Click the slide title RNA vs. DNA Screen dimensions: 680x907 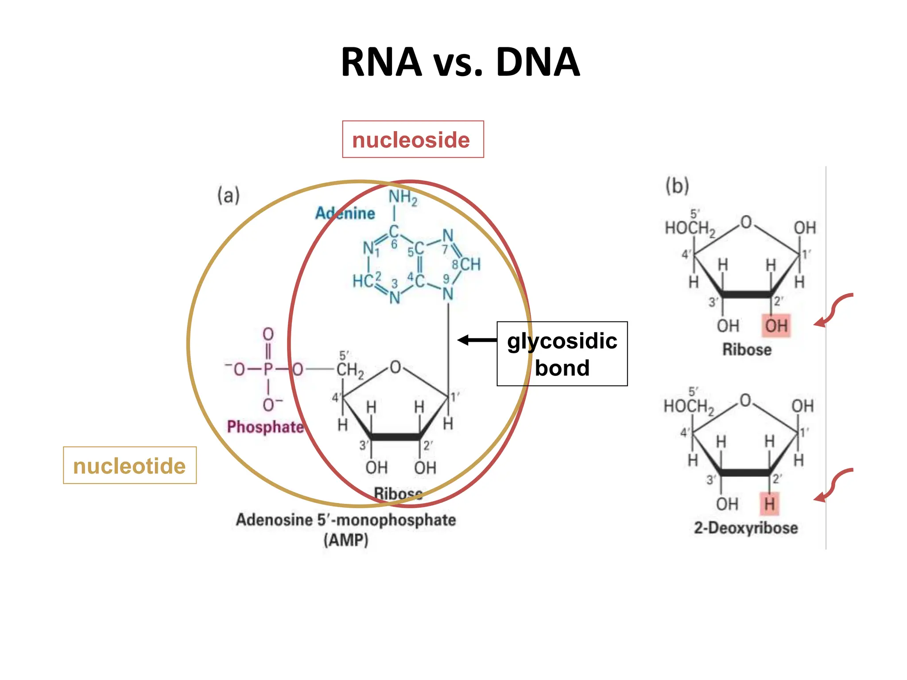click(460, 62)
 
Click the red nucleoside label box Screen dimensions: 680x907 click(413, 139)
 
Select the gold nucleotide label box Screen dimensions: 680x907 click(129, 466)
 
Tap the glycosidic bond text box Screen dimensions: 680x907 click(562, 354)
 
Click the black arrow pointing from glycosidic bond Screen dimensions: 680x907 click(477, 340)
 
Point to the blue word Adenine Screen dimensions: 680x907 click(345, 213)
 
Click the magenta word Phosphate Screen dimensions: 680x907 click(265, 427)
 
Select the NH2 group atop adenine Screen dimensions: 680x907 click(403, 197)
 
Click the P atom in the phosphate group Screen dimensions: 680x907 click(268, 369)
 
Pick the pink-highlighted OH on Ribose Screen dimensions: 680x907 click(776, 326)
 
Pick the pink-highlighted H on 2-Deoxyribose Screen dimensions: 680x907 click(769, 504)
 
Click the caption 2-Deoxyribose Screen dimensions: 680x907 click(746, 528)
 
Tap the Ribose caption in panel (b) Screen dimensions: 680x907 click(747, 350)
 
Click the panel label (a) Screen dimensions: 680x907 click(228, 195)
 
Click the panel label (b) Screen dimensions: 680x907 click(677, 185)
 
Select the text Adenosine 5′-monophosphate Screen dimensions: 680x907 click(345, 520)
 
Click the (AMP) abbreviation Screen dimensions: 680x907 click(345, 540)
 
